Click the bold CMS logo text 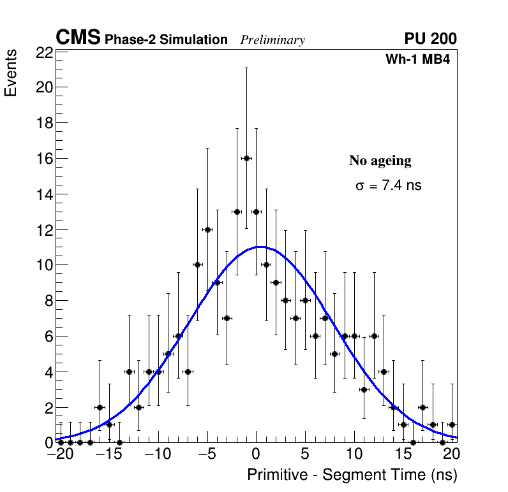(78, 38)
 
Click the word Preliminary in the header (273, 40)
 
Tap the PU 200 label (430, 39)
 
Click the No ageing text (380, 161)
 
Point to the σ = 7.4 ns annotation (388, 186)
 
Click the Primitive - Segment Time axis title (352, 475)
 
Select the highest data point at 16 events (246, 158)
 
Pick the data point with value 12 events (207, 229)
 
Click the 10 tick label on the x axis (354, 455)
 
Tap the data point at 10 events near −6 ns (197, 264)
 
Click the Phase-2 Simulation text (166, 40)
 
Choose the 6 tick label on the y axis (48, 336)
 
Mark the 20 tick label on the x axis (451, 455)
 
